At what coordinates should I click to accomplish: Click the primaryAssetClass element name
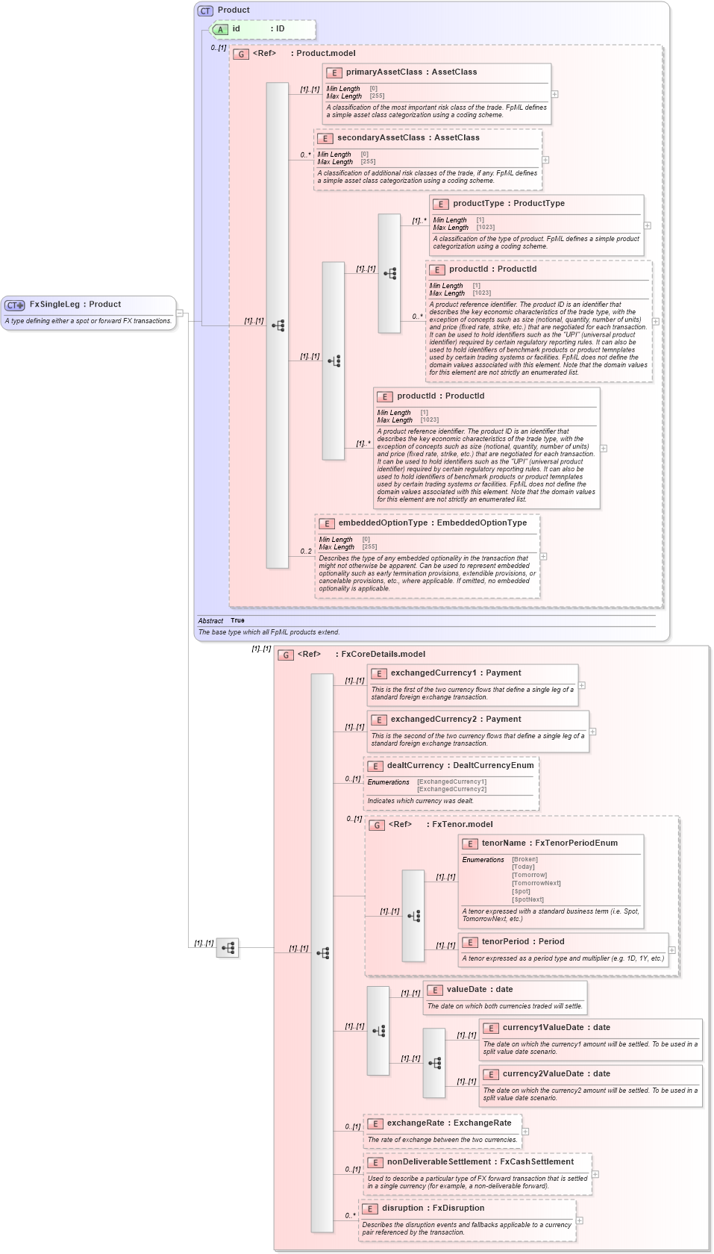click(383, 72)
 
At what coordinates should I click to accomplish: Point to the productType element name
click(478, 204)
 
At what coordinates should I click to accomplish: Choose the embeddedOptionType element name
click(383, 523)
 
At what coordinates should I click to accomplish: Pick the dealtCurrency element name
click(415, 766)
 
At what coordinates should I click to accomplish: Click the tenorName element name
click(504, 843)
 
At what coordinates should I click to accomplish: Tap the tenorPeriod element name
click(505, 942)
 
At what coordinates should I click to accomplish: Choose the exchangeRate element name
click(418, 1123)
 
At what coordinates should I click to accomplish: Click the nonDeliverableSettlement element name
click(439, 1162)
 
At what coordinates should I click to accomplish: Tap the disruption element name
click(406, 1208)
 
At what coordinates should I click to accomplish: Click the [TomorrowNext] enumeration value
click(536, 883)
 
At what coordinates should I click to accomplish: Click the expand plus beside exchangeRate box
click(525, 1132)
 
